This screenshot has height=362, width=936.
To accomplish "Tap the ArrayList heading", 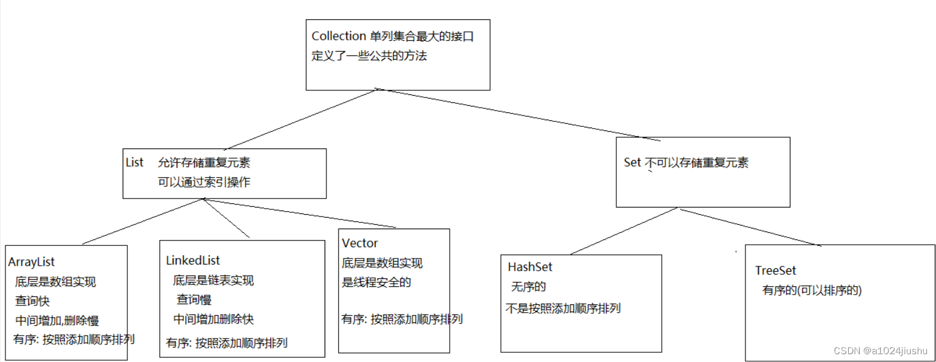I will point(31,262).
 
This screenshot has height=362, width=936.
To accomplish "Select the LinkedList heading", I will point(192,260).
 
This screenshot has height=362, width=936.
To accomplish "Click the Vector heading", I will point(359,244).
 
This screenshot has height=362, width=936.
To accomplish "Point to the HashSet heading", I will point(530,267).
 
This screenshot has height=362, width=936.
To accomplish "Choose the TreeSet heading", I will point(775,271).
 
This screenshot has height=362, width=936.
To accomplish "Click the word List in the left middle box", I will point(135,162).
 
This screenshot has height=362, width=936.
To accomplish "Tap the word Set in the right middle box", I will point(632,162).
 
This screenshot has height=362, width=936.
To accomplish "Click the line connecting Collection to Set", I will point(517,114).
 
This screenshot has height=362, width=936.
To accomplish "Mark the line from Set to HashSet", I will point(625,232).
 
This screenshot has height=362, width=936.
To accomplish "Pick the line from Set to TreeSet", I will point(751,227).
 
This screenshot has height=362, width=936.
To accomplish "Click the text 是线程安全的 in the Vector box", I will point(376,281).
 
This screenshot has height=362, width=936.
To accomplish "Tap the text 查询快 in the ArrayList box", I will point(32,301).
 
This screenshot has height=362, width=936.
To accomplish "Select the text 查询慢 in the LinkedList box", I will point(194,299).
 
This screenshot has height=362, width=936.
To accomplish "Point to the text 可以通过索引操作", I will point(204,182).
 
